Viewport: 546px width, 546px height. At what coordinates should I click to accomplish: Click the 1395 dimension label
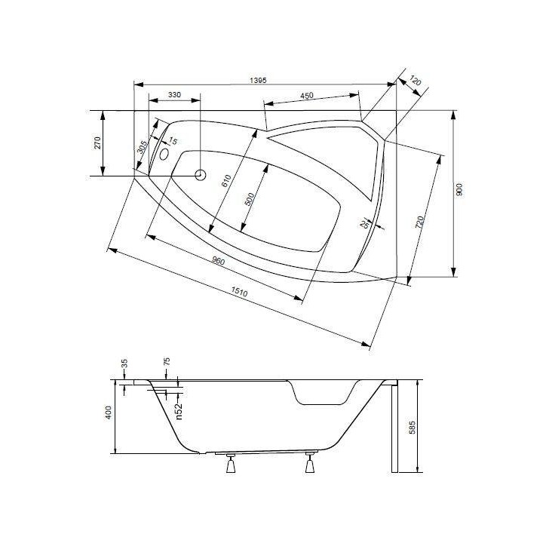tap(259, 79)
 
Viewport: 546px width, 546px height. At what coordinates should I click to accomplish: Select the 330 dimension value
tap(174, 95)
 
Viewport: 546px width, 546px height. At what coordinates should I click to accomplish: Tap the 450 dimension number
tap(307, 96)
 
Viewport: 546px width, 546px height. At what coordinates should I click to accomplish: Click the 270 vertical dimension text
tap(98, 143)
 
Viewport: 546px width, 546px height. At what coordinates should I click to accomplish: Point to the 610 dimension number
tap(225, 181)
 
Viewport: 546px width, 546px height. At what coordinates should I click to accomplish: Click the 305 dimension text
tap(141, 148)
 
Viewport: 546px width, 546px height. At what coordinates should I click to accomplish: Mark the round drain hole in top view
tap(201, 175)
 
